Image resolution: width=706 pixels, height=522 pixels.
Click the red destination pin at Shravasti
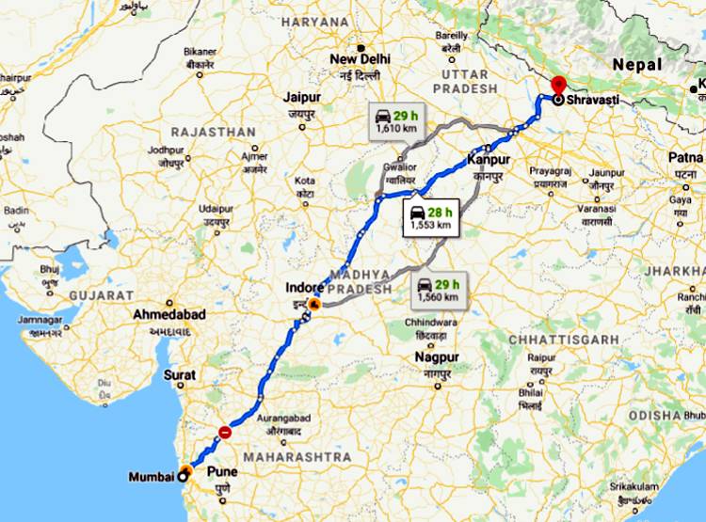[x=558, y=85]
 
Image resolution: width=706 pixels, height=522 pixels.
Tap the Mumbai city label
[x=151, y=476]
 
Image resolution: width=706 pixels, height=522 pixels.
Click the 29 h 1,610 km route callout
[x=395, y=119]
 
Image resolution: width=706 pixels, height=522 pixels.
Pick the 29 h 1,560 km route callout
[x=437, y=290]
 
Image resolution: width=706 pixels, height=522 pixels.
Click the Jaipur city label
[x=301, y=97]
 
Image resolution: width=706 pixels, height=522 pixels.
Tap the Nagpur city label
[x=436, y=357]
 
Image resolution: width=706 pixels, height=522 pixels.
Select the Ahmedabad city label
[x=169, y=313]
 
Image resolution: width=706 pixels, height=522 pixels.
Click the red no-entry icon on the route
[x=224, y=432]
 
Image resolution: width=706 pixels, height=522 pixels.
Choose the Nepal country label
[x=637, y=64]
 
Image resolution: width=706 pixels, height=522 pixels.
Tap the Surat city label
[x=180, y=374]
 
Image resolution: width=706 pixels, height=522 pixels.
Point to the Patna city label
[x=686, y=157]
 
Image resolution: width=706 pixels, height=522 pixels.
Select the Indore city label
[x=307, y=287]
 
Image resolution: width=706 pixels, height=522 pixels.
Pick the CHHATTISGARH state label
[x=564, y=339]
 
